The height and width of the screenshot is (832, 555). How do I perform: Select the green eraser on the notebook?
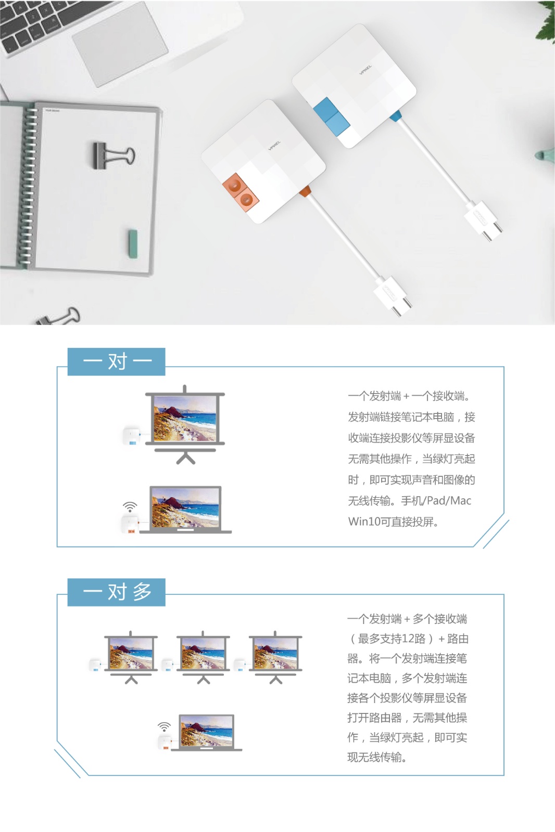coord(133,244)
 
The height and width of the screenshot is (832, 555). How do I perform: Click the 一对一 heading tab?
coord(117,361)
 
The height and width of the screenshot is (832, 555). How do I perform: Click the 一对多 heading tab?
coord(117,592)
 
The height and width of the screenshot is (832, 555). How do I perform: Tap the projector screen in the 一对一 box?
coord(185,424)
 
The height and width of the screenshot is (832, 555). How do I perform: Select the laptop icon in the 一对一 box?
coord(185,510)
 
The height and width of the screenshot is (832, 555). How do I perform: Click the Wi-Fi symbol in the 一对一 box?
coord(130,506)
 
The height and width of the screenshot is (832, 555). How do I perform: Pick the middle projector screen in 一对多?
coord(203,657)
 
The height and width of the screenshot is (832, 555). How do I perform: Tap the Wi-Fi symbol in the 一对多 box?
coord(164,727)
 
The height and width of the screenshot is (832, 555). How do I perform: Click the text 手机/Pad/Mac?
coord(436,501)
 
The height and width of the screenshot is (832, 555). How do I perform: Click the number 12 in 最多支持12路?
coord(408,639)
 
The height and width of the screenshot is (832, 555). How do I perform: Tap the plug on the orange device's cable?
coord(393,296)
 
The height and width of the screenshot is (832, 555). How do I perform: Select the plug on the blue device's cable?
coord(484,220)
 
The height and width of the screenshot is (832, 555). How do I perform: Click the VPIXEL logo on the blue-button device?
coord(365,70)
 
